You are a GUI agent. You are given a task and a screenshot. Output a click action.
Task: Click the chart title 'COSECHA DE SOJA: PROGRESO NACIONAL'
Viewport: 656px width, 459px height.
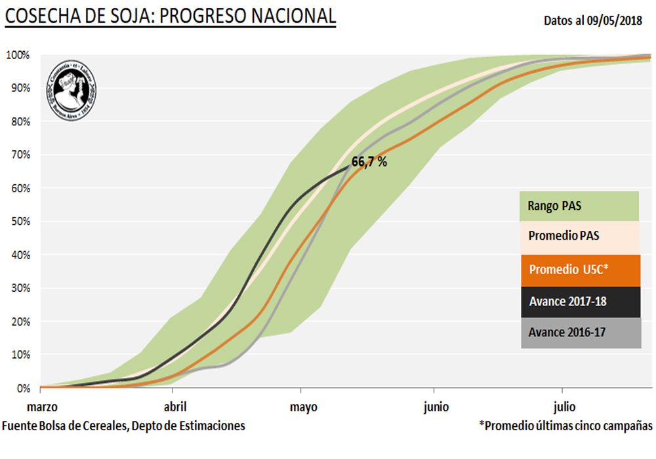[171, 16]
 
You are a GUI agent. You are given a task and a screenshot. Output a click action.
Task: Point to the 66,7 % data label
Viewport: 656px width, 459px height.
[369, 162]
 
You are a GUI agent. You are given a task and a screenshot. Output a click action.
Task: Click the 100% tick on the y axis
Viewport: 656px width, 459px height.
[18, 55]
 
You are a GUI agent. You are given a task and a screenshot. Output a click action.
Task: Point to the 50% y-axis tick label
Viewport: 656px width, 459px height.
[20, 222]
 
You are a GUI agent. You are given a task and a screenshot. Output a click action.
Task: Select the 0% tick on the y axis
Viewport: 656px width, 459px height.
[23, 388]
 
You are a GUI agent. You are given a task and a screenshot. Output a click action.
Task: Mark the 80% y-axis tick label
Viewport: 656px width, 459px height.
[20, 122]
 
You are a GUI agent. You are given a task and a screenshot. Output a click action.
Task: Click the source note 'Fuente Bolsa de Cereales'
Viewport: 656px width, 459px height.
[124, 426]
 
